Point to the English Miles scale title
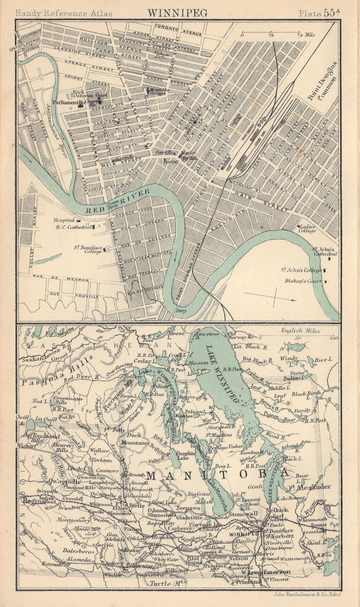[x=300, y=331]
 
